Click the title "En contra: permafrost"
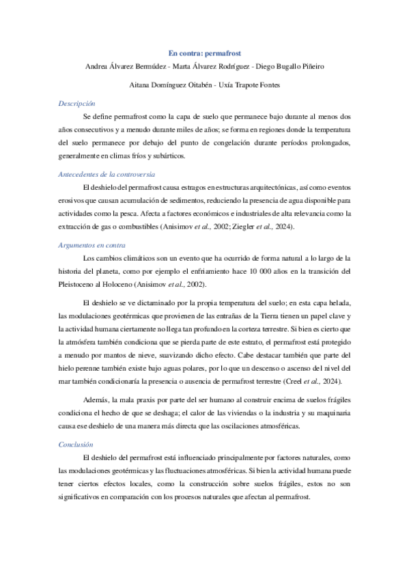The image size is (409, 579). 204,53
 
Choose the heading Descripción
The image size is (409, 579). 76,103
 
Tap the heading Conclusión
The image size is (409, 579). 76,444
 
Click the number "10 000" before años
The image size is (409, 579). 250,271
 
